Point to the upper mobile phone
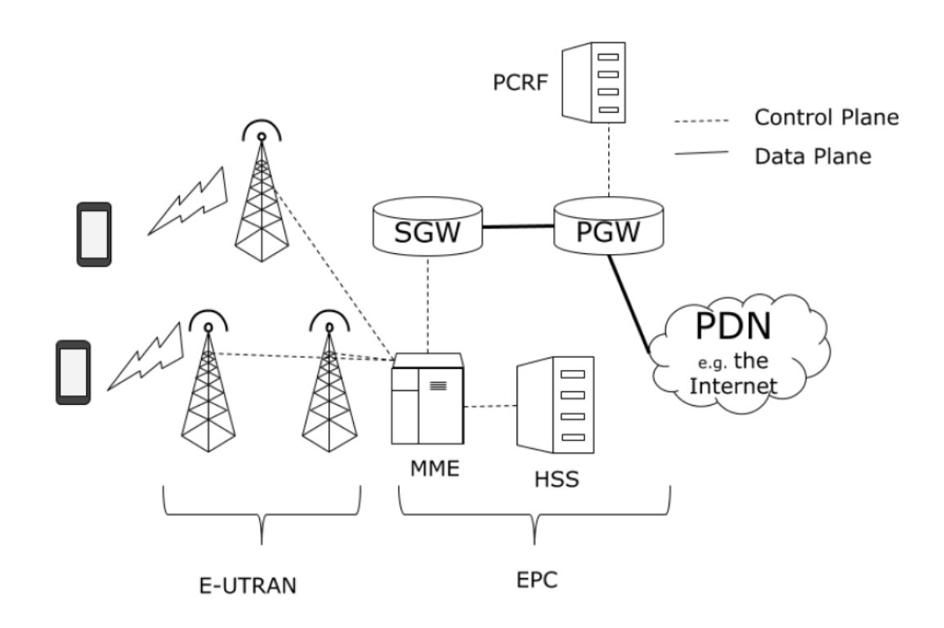(x=94, y=234)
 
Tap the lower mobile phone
(x=73, y=372)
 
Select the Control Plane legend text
(x=825, y=118)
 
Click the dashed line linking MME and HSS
(x=490, y=406)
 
